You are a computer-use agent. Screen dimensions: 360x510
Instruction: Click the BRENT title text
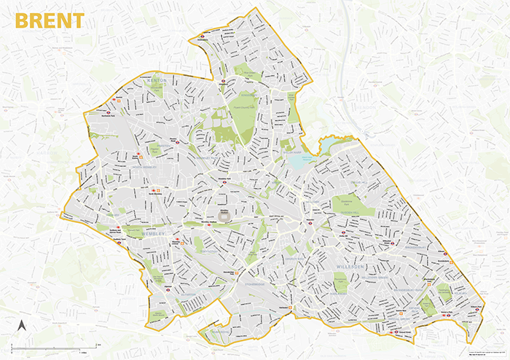click(50, 20)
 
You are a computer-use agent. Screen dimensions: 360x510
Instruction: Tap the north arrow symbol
click(22, 326)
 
